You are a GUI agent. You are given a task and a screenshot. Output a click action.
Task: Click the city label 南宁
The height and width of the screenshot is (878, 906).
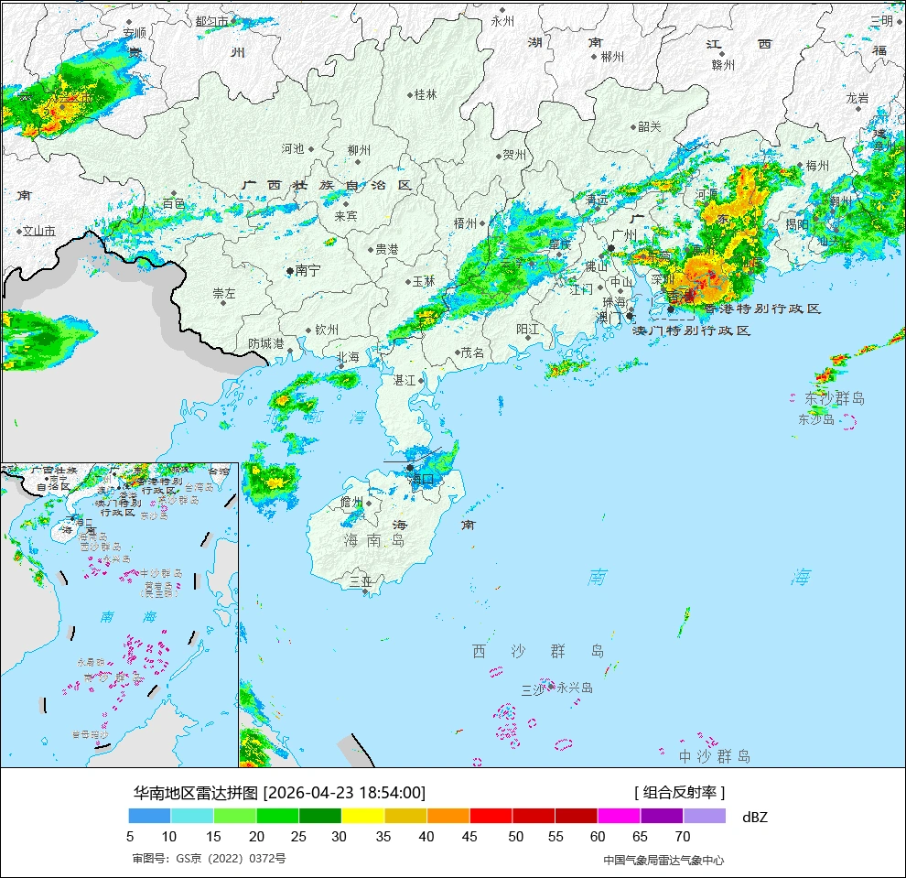(x=308, y=271)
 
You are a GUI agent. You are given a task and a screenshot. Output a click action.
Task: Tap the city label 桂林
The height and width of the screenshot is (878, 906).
(x=426, y=94)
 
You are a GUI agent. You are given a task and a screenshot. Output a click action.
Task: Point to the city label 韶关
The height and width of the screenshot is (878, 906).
(x=649, y=127)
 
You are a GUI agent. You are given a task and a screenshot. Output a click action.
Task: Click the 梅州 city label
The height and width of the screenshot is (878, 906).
(x=816, y=166)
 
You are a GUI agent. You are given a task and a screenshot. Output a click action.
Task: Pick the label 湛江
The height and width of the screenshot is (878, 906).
(x=404, y=379)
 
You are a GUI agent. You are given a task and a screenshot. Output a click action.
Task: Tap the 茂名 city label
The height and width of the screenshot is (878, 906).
(x=473, y=352)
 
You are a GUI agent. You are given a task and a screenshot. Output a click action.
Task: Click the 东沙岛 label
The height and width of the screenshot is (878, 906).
(x=816, y=419)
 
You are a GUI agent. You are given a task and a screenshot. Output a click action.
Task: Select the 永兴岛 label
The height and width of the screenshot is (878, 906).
(x=575, y=688)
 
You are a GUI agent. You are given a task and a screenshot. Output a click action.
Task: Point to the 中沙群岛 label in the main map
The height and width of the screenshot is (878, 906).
(x=715, y=756)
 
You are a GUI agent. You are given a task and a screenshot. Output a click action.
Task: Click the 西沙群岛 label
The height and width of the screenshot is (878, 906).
(x=538, y=651)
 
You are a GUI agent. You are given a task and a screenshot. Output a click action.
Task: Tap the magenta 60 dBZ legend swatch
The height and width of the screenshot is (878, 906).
(x=619, y=816)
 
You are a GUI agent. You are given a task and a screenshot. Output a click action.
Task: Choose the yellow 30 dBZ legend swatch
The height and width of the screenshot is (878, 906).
(x=362, y=816)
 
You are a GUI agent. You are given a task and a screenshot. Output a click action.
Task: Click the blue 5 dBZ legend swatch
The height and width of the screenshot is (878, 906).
(x=149, y=816)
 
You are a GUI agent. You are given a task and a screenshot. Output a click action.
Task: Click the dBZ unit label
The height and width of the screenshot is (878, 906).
(x=755, y=817)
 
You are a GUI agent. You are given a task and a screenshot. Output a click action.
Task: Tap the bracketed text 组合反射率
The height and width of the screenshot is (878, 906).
(x=679, y=793)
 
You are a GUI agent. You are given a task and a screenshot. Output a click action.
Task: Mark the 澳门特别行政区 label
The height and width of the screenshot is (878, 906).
(x=692, y=331)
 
